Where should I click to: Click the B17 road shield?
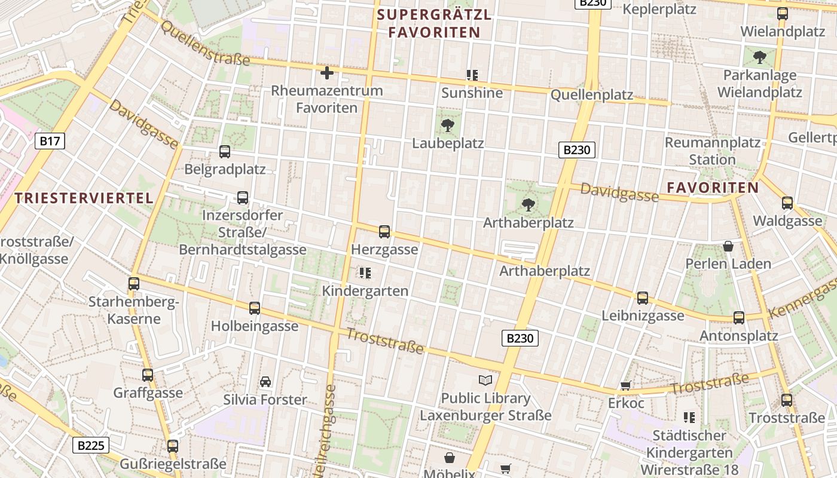50,141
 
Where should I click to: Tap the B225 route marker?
91,445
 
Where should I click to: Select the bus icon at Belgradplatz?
225,152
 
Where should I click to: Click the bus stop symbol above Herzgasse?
384,232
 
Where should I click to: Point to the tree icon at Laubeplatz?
447,125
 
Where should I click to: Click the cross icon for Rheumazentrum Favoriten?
327,73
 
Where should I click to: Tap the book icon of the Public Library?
485,380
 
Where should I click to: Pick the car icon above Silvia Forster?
265,381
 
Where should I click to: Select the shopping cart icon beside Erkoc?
626,385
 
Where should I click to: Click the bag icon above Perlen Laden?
728,246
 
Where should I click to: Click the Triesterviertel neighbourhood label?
84,198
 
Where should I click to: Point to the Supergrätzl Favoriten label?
435,23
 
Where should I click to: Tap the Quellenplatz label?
591,95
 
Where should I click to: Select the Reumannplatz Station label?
713,151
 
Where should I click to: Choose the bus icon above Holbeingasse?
255,308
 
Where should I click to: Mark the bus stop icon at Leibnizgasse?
643,298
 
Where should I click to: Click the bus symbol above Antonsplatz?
739,318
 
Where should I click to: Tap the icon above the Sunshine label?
472,75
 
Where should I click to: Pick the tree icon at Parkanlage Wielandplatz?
760,57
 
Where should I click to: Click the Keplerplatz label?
659,10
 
